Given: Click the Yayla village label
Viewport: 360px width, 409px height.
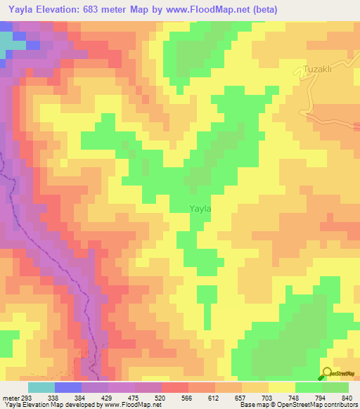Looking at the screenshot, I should click(x=200, y=208).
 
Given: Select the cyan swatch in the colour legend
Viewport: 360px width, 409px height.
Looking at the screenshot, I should click(x=41, y=387).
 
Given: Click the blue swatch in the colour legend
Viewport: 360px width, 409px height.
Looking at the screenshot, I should click(x=68, y=387).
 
